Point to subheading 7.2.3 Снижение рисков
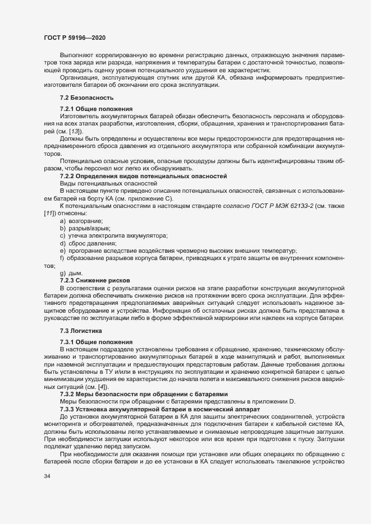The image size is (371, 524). pyautogui.click(x=95, y=279)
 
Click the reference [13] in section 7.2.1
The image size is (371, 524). pyautogui.click(x=72, y=130)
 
